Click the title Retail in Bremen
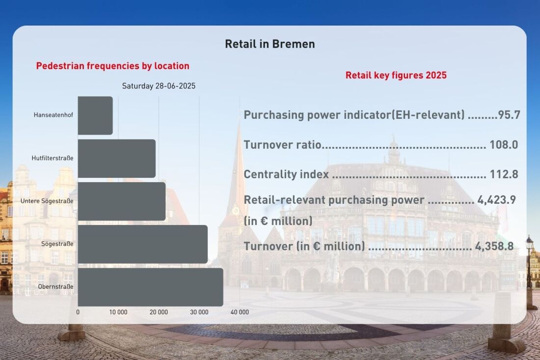[x=270, y=44]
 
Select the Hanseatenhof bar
[x=95, y=115]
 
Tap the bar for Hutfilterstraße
[x=117, y=159]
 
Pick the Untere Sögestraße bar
[x=122, y=201]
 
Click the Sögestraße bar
[x=142, y=244]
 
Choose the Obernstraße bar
[x=151, y=287]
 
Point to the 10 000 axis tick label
[x=118, y=312]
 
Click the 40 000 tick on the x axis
[x=240, y=312]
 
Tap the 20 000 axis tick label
[x=159, y=312]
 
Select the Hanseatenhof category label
[x=54, y=115]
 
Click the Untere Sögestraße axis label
[x=47, y=201]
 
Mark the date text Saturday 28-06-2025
[x=159, y=86]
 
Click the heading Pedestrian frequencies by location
[x=112, y=66]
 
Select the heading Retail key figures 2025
[x=396, y=75]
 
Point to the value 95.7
[x=509, y=115]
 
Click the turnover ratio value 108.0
[x=504, y=145]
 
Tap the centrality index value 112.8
[x=504, y=174]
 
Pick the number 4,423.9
[x=497, y=200]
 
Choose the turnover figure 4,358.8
[x=494, y=247]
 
